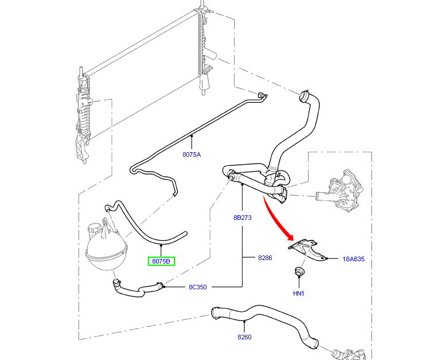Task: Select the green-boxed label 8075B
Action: (x=162, y=261)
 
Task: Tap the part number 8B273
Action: (x=243, y=218)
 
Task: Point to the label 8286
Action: (x=264, y=258)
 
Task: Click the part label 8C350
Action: (x=197, y=287)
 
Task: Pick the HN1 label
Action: (x=298, y=293)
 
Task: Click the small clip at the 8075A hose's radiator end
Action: (x=262, y=95)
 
